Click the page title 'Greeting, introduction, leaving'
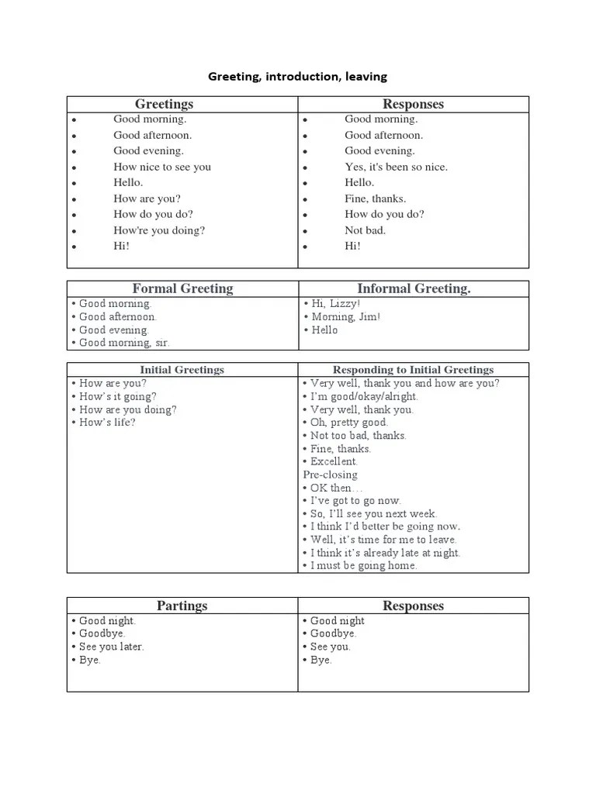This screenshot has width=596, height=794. tap(297, 77)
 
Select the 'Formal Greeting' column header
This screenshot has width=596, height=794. tap(182, 288)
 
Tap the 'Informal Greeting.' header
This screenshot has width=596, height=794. tap(414, 288)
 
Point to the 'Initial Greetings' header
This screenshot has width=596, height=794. tap(182, 370)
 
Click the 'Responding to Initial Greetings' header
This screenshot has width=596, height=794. tap(413, 370)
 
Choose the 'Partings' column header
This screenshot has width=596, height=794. tap(182, 606)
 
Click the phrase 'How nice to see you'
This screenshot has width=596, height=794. tap(162, 167)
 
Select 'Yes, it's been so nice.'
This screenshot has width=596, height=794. tap(396, 167)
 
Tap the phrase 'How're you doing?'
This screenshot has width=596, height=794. tap(159, 230)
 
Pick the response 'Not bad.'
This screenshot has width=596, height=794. tap(365, 230)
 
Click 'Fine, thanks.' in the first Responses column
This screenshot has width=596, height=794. tap(375, 198)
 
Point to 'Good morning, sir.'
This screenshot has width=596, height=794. tap(124, 343)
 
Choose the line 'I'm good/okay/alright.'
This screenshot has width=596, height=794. tap(364, 396)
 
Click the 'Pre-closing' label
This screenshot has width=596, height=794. tap(331, 475)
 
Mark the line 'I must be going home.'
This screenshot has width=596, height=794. tap(364, 566)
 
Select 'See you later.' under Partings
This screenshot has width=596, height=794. tap(112, 647)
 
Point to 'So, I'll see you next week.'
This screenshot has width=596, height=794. tap(374, 514)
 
